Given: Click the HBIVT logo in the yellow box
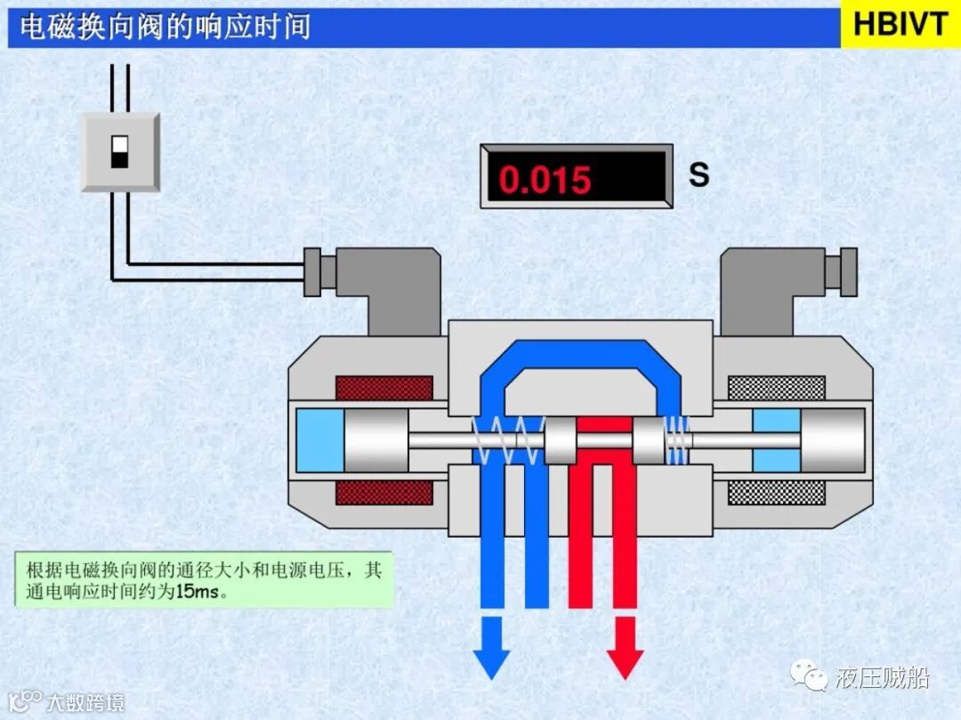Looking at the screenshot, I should pos(900,23).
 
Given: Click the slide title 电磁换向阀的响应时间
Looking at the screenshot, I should pos(166,26).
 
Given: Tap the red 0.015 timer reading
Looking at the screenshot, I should pos(545,179).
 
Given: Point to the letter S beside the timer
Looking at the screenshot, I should pos(699,174).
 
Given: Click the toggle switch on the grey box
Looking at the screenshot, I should pos(120,152).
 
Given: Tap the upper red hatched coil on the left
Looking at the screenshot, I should pos(384,388).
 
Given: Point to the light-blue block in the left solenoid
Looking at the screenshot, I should pos(319,440).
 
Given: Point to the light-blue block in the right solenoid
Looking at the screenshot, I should pos(776,440).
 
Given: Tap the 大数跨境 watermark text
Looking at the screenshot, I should pos(85,702).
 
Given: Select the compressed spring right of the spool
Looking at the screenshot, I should pos(678,439).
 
